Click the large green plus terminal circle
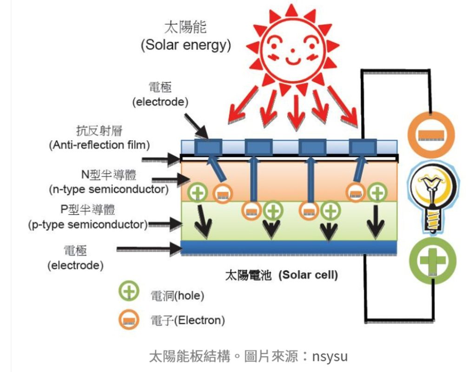click(x=431, y=260)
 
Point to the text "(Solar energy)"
click(x=185, y=46)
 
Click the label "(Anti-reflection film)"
click(x=99, y=145)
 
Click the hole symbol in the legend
click(x=129, y=292)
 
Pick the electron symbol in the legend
click(x=129, y=319)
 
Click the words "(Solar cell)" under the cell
click(x=308, y=275)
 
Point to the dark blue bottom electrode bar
click(x=288, y=247)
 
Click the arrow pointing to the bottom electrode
click(x=149, y=250)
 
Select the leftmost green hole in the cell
click(x=198, y=191)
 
